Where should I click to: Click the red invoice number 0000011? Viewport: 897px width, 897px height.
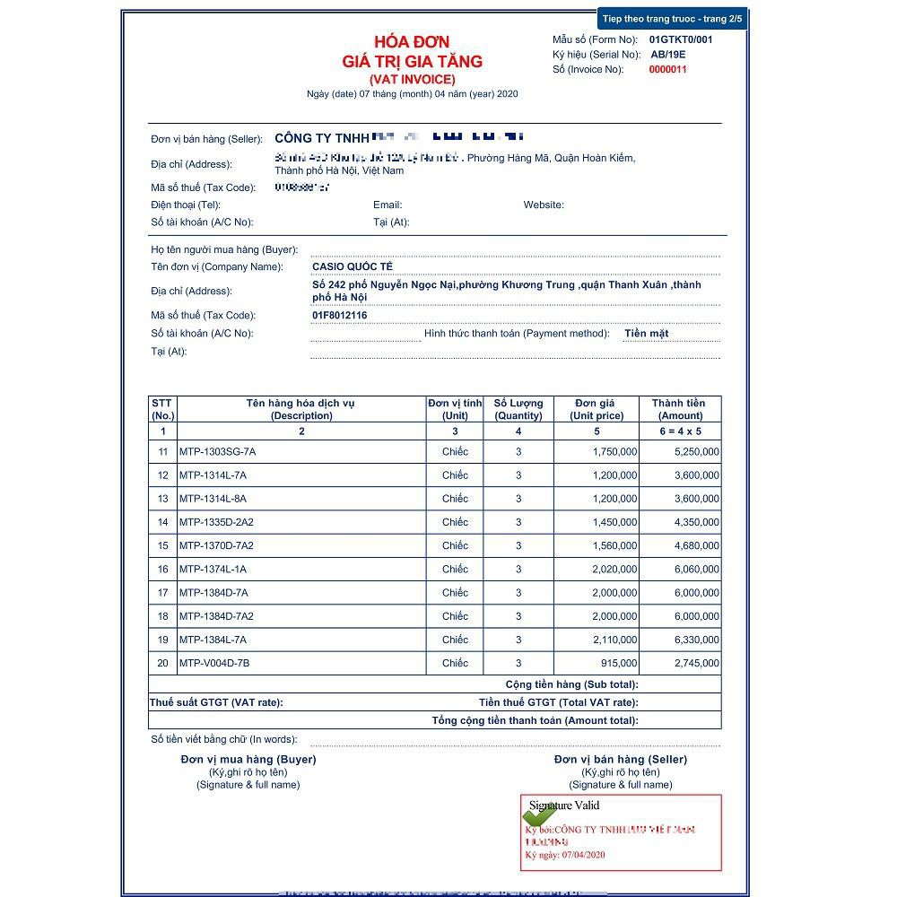pos(667,69)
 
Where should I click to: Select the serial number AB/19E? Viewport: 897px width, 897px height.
pos(668,55)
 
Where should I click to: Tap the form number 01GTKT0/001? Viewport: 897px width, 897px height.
pos(681,39)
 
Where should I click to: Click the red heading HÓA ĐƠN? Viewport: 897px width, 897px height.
pos(412,42)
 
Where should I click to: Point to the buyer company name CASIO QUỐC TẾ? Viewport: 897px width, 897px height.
pos(353,266)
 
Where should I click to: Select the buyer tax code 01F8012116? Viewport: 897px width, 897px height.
pos(340,315)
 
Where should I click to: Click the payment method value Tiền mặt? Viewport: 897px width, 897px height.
pos(646,333)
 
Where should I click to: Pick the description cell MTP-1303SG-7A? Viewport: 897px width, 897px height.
pos(217,451)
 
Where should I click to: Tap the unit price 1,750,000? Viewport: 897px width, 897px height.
pos(614,451)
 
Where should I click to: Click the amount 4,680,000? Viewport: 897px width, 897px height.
pos(696,545)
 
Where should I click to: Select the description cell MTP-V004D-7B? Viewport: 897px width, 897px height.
pos(214,663)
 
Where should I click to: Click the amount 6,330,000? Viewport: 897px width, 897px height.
pos(696,640)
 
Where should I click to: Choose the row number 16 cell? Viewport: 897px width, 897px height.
pos(162,569)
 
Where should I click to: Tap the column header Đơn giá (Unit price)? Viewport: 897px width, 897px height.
pos(597,409)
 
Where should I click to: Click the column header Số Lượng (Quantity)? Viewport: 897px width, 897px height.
pos(518,409)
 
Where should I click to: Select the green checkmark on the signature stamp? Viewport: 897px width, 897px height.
pos(539,812)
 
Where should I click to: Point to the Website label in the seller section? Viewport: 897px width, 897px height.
pos(544,205)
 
